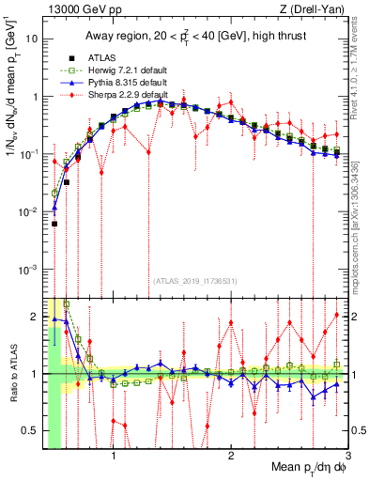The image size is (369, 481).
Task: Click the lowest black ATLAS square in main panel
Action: (54, 224)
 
